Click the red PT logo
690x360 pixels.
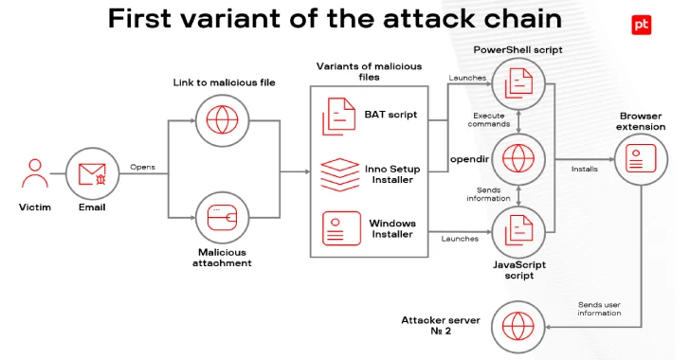click(640, 26)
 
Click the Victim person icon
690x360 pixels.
click(35, 174)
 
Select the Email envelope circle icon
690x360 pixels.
click(92, 174)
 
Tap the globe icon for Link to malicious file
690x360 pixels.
click(224, 121)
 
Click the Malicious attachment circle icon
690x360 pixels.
click(224, 217)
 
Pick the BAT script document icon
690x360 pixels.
click(338, 115)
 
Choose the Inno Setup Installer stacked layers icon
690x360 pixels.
click(338, 173)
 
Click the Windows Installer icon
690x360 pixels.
click(338, 228)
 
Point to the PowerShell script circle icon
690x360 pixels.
click(519, 82)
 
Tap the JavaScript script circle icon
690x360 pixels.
click(519, 231)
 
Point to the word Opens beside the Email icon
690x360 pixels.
click(142, 168)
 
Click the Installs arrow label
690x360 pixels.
click(584, 170)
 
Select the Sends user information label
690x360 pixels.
click(599, 308)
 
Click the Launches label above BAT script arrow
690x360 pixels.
click(467, 78)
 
